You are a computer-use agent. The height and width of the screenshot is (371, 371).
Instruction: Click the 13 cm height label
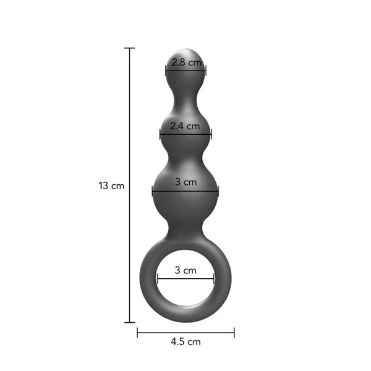click(111, 185)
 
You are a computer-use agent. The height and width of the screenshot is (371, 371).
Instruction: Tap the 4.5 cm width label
click(185, 342)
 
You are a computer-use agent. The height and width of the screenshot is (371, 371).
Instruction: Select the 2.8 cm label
click(187, 62)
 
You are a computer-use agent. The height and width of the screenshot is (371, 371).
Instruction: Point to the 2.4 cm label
click(185, 126)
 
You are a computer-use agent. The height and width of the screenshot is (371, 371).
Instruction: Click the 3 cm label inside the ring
click(185, 270)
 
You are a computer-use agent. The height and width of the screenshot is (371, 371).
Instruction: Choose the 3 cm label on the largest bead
click(186, 182)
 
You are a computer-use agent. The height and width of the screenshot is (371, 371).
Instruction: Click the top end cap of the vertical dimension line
click(129, 48)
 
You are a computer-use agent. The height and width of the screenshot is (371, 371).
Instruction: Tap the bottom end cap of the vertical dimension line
click(129, 322)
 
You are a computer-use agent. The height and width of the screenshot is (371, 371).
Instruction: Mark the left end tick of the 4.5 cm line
click(137, 333)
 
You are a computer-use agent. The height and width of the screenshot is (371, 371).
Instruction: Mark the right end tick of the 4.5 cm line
click(234, 333)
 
